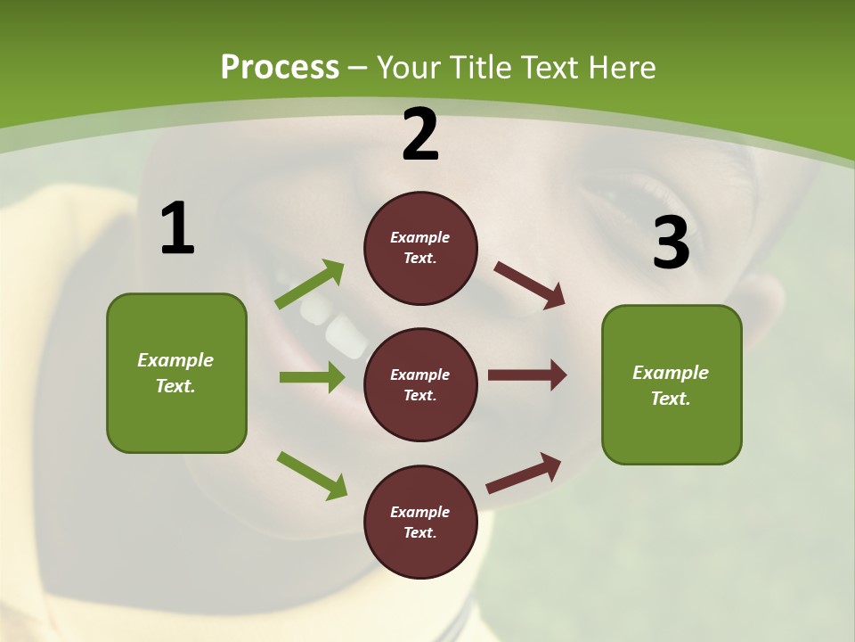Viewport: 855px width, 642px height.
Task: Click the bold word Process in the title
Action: click(280, 67)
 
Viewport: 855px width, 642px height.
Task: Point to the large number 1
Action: click(177, 229)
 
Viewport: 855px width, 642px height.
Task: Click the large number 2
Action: click(420, 135)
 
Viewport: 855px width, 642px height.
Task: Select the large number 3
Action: click(671, 243)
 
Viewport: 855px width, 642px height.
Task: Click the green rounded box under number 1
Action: click(176, 373)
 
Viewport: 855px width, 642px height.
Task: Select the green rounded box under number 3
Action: click(672, 384)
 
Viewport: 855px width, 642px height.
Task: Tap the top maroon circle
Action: click(420, 248)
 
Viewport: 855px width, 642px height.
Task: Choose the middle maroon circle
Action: click(420, 384)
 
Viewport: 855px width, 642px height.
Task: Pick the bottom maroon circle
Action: click(420, 522)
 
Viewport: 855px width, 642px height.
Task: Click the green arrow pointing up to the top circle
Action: click(310, 284)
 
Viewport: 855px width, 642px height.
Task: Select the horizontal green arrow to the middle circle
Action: click(312, 377)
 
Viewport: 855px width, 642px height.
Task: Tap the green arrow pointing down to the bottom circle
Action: click(312, 475)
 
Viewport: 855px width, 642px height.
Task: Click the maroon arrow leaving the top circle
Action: click(529, 285)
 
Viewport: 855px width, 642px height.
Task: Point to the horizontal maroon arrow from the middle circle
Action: click(527, 375)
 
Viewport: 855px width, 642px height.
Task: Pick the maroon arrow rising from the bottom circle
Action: click(524, 473)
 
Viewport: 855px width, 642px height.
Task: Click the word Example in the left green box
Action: click(175, 360)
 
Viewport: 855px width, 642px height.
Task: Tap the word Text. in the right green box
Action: click(671, 399)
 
